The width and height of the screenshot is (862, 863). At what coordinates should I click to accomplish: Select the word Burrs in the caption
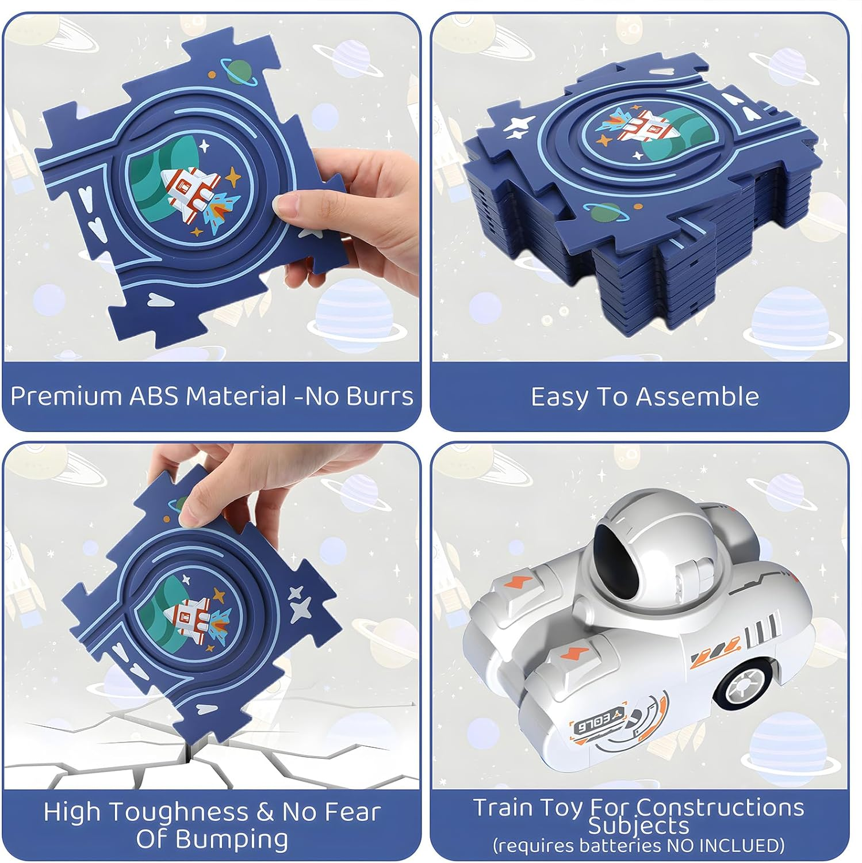pyautogui.click(x=384, y=397)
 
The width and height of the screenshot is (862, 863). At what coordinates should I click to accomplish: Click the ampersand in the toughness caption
pyautogui.click(x=265, y=812)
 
